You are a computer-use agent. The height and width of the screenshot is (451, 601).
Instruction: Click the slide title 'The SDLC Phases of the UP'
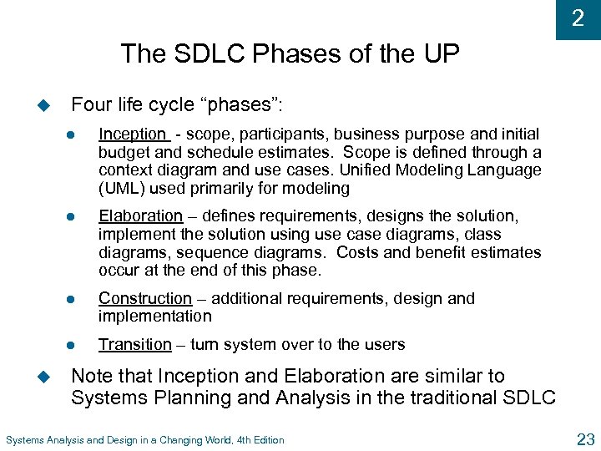click(290, 53)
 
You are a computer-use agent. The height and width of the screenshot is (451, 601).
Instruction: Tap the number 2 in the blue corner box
click(578, 18)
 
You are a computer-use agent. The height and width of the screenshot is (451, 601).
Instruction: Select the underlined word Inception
click(133, 134)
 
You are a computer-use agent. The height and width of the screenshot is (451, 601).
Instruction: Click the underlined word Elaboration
click(140, 216)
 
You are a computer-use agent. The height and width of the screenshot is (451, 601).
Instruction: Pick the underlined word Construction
click(144, 298)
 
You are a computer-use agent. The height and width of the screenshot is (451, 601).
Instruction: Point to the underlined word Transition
click(134, 344)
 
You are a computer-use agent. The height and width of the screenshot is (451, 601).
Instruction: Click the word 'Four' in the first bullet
click(89, 105)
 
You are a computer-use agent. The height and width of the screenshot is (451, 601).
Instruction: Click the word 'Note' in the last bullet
click(91, 377)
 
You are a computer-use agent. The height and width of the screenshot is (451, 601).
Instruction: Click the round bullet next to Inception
click(73, 134)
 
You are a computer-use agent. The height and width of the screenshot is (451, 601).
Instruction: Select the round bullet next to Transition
click(73, 345)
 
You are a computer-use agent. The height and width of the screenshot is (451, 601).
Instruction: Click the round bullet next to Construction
click(73, 299)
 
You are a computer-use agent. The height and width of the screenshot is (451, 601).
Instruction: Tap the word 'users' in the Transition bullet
click(385, 344)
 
